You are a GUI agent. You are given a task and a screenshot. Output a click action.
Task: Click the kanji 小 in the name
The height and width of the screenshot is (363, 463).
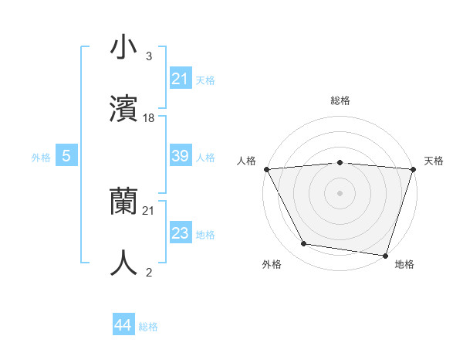click(x=123, y=49)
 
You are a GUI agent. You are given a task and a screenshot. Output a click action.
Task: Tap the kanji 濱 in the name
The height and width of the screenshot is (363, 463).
click(x=123, y=109)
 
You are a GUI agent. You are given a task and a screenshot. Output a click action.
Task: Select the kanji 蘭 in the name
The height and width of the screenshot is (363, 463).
click(x=123, y=202)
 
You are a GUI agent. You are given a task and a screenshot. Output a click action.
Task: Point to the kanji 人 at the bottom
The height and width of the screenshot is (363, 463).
click(x=123, y=263)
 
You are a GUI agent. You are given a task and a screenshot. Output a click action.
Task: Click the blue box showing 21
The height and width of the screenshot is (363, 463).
click(x=180, y=79)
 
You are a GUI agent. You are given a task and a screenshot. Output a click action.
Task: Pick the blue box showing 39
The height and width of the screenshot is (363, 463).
click(x=180, y=156)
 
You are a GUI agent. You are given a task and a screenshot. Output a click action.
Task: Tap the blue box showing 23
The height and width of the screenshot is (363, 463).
click(x=180, y=233)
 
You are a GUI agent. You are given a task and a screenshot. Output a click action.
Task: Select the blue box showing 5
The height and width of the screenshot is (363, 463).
click(x=66, y=156)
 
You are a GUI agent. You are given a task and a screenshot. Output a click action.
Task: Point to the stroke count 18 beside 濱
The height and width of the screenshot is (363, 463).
click(x=149, y=118)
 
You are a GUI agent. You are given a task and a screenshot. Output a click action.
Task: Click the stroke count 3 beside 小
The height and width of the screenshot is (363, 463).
click(x=148, y=56)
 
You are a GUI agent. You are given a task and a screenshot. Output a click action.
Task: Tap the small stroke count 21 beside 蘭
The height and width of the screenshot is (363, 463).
click(x=149, y=210)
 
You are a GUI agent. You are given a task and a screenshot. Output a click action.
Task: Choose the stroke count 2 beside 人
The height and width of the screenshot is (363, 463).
click(x=148, y=271)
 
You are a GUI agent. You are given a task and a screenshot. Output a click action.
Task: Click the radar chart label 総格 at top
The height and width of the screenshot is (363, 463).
click(x=340, y=100)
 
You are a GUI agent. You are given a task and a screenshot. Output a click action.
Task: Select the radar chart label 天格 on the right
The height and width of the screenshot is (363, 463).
click(x=434, y=161)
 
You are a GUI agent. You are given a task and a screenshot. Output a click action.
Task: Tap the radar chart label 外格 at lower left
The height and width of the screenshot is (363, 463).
click(x=272, y=264)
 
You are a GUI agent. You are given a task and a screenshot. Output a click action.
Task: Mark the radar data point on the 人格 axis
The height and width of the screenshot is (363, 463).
click(x=266, y=169)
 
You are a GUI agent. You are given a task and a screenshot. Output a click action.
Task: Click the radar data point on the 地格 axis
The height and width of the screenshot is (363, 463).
click(x=385, y=255)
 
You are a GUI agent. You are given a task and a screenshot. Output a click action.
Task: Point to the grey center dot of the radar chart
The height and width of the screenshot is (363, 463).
click(x=340, y=192)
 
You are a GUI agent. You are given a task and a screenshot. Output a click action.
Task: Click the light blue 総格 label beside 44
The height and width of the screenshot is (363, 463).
click(x=148, y=327)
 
